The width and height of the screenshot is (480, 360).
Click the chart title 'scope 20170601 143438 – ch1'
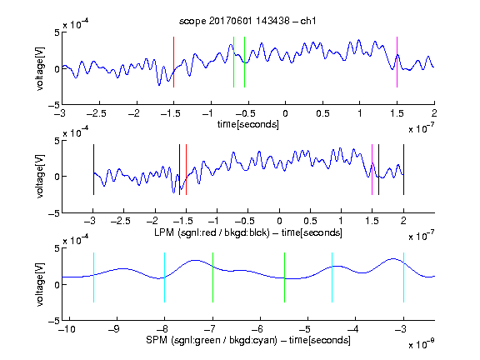point(247,21)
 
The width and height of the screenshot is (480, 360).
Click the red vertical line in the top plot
point(173,62)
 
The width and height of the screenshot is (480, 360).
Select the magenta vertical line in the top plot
point(397,62)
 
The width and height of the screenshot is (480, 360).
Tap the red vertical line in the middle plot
point(186,170)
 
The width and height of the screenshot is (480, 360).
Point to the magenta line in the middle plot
point(372,170)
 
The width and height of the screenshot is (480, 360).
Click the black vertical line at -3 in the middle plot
point(93,170)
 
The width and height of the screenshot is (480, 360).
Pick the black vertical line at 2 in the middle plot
point(404,170)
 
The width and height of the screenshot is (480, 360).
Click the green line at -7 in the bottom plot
point(212,277)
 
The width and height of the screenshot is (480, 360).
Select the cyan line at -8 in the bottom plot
point(165,277)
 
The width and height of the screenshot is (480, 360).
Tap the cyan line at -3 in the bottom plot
point(404,277)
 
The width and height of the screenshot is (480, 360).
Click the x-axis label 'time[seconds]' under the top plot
point(248,125)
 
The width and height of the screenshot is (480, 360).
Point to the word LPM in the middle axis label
point(164,232)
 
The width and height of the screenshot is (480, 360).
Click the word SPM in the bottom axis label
point(157,340)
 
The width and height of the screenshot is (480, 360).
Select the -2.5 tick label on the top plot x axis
point(97,113)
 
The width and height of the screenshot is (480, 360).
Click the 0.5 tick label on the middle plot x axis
point(310,221)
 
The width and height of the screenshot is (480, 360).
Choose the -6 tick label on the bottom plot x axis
point(260,329)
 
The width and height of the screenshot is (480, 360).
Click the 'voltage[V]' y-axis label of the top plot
point(40,68)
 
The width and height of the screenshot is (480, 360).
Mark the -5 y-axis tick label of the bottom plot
point(54,321)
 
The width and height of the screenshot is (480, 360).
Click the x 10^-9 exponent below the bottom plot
point(422,343)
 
